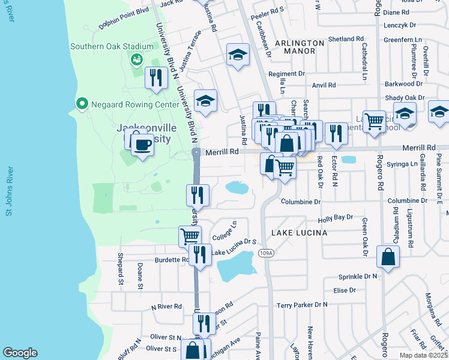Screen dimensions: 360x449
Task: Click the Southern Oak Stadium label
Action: pyautogui.click(x=112, y=46)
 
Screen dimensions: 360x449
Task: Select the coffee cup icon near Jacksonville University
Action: pyautogui.click(x=142, y=145)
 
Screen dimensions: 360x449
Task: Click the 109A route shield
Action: pyautogui.click(x=267, y=254)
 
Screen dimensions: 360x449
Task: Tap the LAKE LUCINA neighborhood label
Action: pyautogui.click(x=299, y=232)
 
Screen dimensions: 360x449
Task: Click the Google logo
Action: pyautogui.click(x=20, y=353)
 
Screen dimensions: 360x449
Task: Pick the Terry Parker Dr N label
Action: pyautogui.click(x=302, y=305)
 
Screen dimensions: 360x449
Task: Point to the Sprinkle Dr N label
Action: pyautogui.click(x=357, y=276)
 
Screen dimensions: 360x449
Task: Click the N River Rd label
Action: pyautogui.click(x=166, y=306)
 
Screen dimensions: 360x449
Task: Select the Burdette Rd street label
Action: pyautogui.click(x=170, y=260)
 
